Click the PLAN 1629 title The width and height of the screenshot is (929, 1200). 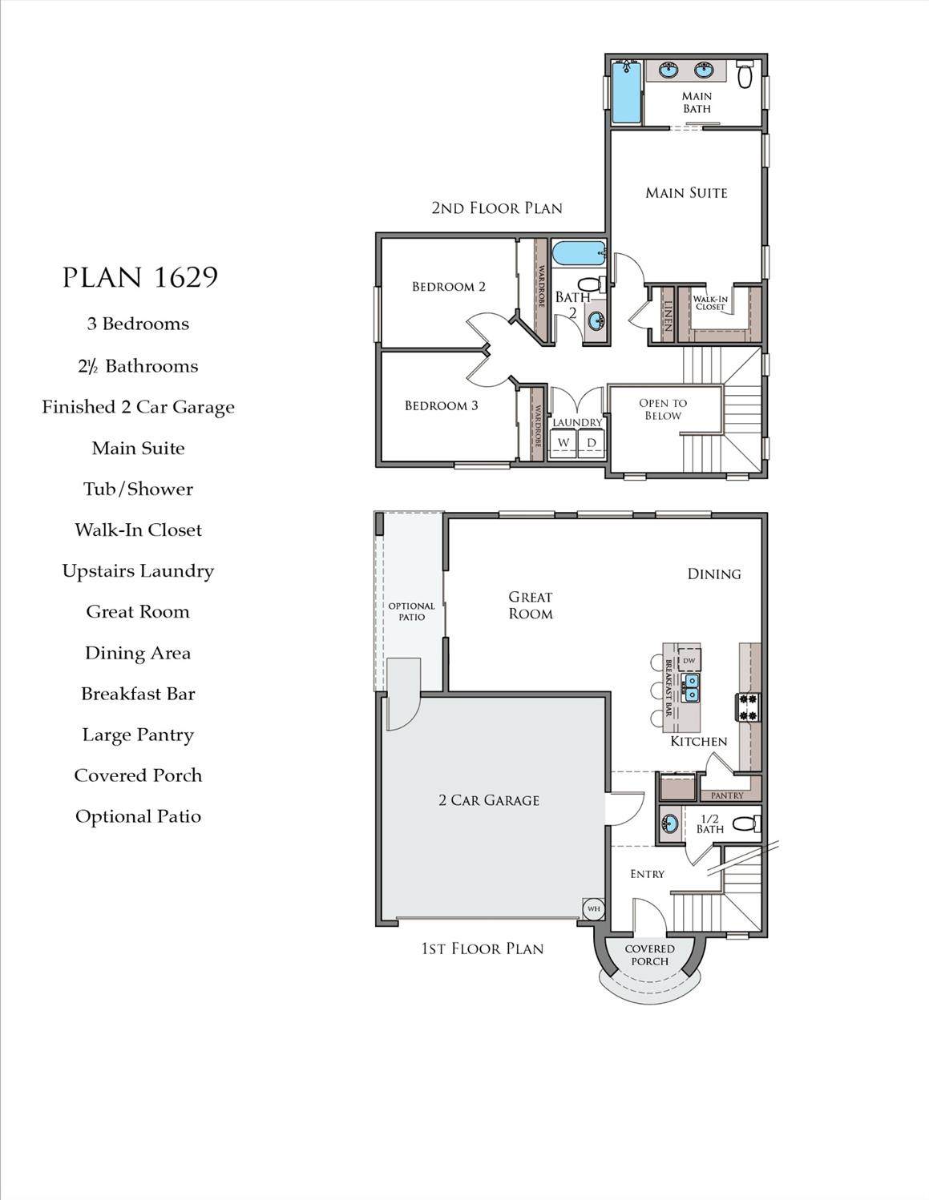click(x=140, y=277)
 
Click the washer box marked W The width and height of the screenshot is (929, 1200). click(x=563, y=442)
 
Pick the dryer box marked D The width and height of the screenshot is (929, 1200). click(x=591, y=442)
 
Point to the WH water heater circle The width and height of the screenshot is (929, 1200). click(x=594, y=908)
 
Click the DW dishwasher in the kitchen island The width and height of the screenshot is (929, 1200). click(x=689, y=660)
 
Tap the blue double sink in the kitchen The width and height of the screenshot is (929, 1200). click(x=690, y=687)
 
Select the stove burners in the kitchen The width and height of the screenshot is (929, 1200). click(x=748, y=707)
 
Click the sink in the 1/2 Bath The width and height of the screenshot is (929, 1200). click(x=669, y=824)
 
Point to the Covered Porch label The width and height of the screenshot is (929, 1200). click(x=649, y=955)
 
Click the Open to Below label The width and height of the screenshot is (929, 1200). click(x=663, y=409)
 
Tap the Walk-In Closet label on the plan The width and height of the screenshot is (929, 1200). click(x=710, y=303)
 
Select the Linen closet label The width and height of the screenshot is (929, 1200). click(x=668, y=316)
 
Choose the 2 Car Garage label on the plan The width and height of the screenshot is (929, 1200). click(x=489, y=800)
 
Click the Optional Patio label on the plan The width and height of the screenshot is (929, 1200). click(x=411, y=611)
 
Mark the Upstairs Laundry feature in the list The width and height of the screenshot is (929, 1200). click(x=138, y=571)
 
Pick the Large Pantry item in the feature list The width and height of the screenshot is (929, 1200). click(x=138, y=735)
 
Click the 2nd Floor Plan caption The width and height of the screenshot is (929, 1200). click(x=497, y=208)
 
